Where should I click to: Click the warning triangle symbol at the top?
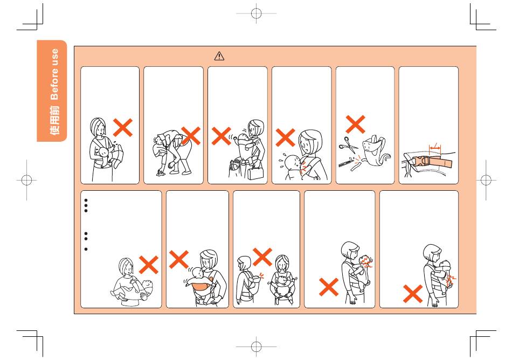click(x=219, y=56)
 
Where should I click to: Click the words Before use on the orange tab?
click(x=54, y=74)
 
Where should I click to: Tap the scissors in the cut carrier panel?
click(x=348, y=145)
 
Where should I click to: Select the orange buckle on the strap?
click(x=421, y=161)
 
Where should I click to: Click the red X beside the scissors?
click(x=355, y=124)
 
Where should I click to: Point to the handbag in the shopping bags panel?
click(x=255, y=172)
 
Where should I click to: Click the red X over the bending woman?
click(x=191, y=136)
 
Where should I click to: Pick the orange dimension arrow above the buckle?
click(x=435, y=148)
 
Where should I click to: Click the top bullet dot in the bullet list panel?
click(x=86, y=200)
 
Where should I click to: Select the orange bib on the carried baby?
click(x=201, y=286)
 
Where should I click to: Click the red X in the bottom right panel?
click(x=413, y=294)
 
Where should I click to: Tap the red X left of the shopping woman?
click(x=222, y=136)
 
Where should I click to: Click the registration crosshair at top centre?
click(x=257, y=13)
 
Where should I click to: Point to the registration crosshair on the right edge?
click(x=486, y=180)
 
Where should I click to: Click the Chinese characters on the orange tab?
click(x=54, y=120)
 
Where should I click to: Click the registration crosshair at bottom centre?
click(x=257, y=347)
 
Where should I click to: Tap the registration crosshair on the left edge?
click(x=27, y=180)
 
